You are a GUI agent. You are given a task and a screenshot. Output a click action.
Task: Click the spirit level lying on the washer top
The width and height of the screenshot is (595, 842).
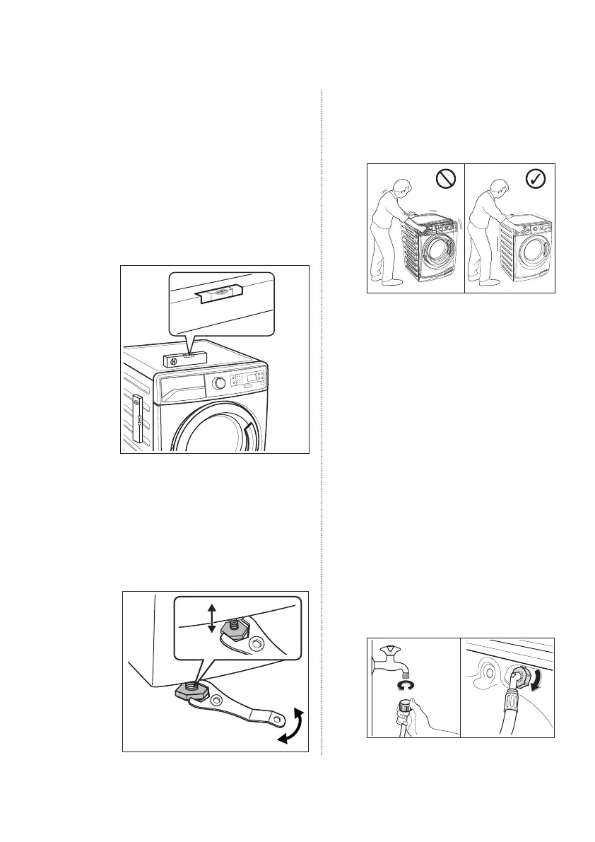[x=186, y=358]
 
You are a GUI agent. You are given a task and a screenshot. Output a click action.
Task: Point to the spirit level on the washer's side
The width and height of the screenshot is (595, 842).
[x=137, y=423]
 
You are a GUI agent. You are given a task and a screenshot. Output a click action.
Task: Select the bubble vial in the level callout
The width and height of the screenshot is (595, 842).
[x=222, y=291]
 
